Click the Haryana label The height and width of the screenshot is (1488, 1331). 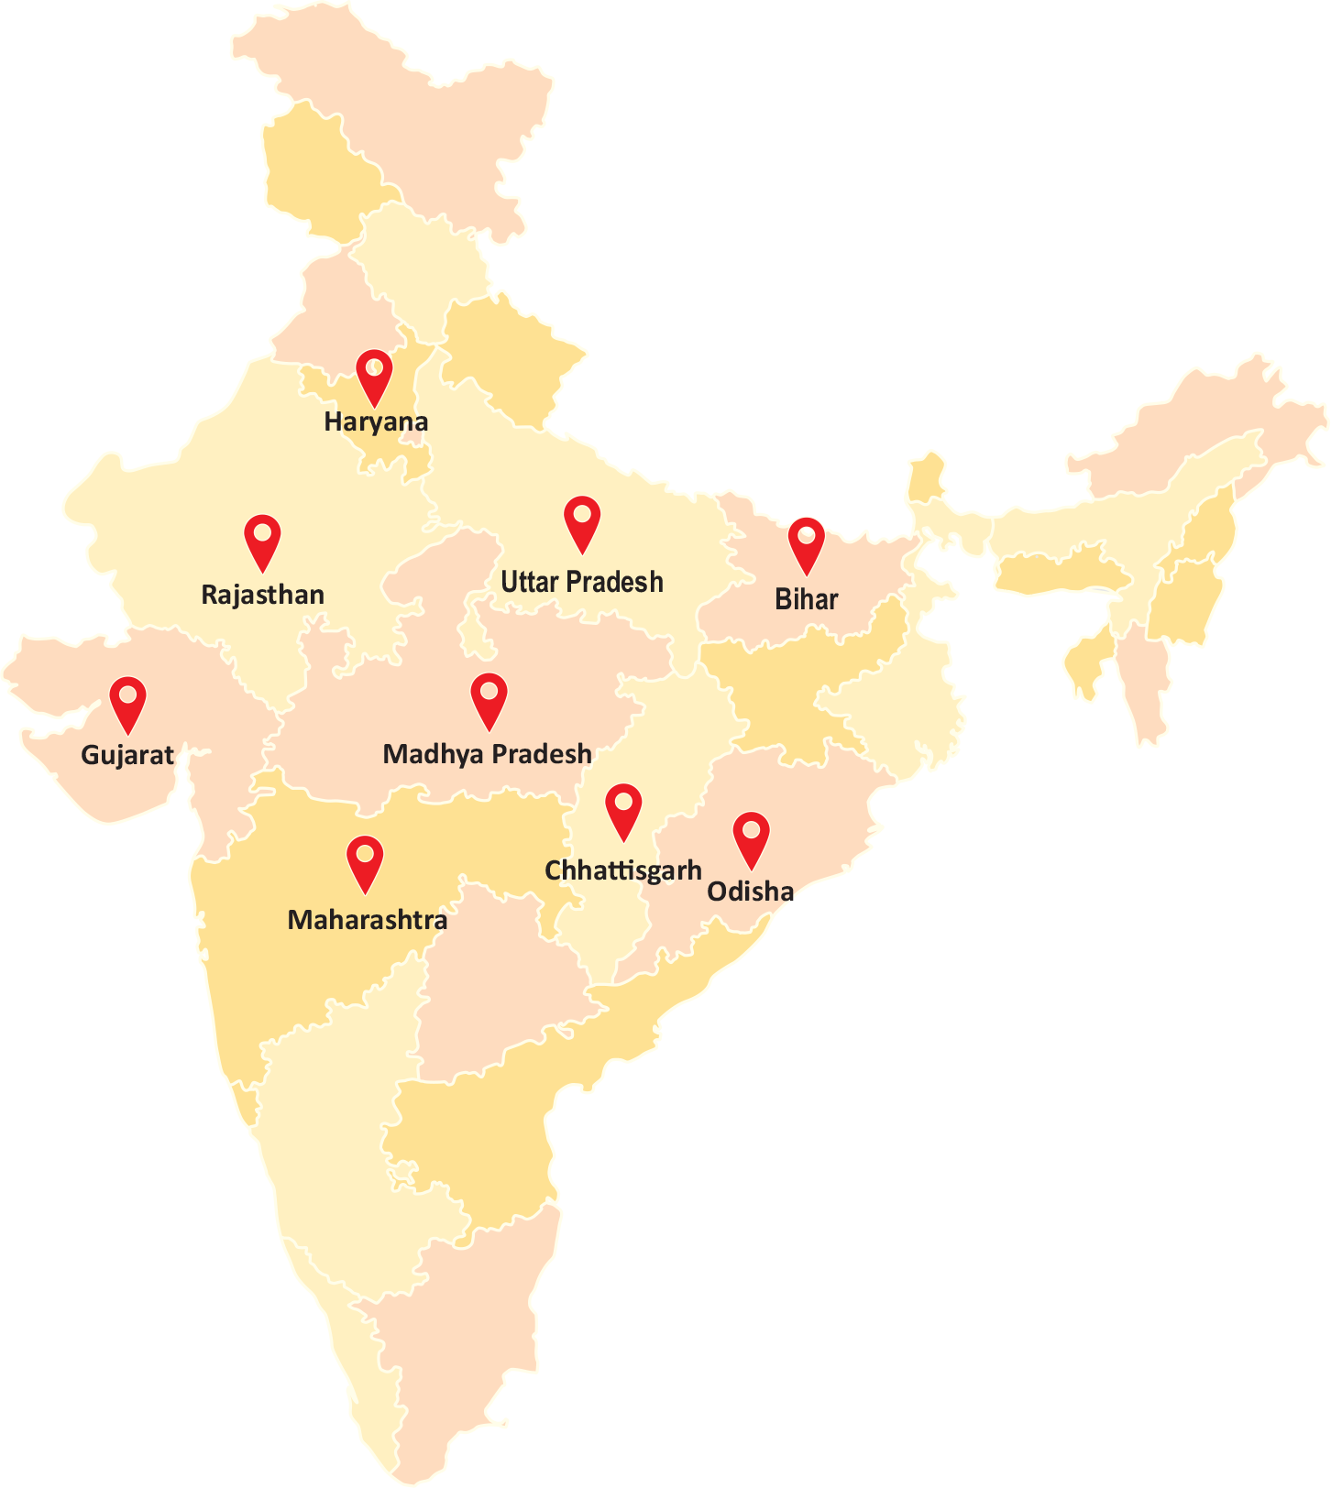(376, 422)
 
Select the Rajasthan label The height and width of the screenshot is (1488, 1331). (262, 595)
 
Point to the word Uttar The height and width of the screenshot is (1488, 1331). (529, 582)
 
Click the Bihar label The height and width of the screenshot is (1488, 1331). (806, 599)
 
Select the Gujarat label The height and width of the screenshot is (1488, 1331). (127, 755)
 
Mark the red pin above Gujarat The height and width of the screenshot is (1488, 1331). (128, 700)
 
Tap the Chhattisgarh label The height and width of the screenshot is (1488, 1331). (623, 870)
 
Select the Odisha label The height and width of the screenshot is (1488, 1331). (750, 892)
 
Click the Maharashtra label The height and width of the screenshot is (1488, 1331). (367, 920)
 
